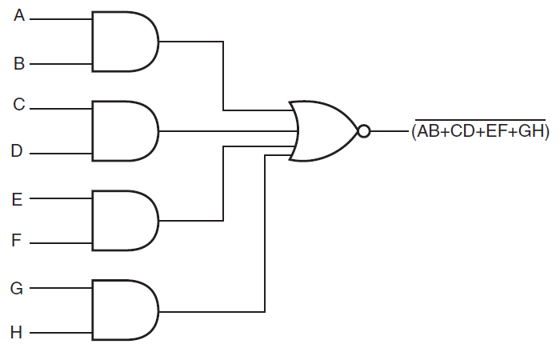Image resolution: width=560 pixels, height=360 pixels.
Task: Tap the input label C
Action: (19, 104)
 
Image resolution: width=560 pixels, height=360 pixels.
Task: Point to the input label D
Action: (19, 150)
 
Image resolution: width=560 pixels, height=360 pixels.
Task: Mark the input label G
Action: (18, 286)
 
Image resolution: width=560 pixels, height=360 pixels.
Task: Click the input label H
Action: (18, 331)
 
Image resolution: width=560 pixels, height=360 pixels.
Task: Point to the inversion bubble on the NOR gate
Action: (364, 130)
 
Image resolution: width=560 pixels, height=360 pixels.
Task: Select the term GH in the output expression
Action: (531, 132)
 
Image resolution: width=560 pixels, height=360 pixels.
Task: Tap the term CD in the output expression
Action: (463, 132)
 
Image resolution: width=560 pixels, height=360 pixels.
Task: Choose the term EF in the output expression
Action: (498, 132)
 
